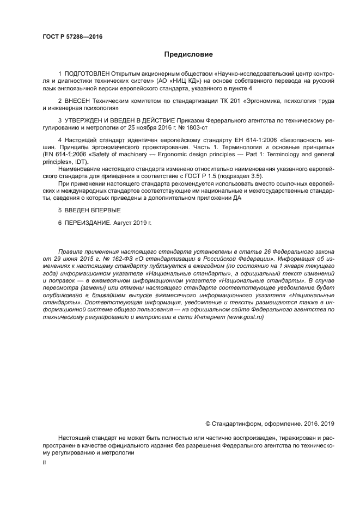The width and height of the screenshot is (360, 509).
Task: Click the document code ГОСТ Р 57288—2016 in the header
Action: pyautogui.click(x=72, y=36)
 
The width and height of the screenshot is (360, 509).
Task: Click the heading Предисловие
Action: pyautogui.click(x=188, y=54)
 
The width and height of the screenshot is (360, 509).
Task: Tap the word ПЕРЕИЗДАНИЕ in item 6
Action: pyautogui.click(x=87, y=223)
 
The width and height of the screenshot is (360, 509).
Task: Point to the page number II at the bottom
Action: pyautogui.click(x=44, y=462)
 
